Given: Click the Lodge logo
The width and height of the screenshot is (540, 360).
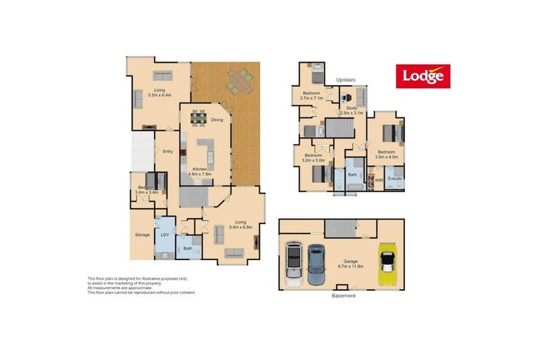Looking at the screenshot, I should [423, 75].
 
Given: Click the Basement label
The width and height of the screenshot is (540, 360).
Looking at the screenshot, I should [344, 295].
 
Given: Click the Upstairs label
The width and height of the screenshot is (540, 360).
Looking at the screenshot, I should [347, 79].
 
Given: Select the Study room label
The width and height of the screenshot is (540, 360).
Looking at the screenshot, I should [352, 110].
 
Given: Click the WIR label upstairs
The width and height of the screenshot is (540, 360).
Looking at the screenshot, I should [379, 180].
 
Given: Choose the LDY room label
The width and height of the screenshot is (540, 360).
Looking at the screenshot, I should [166, 235].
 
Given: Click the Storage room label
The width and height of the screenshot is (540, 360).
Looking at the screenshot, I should [142, 234].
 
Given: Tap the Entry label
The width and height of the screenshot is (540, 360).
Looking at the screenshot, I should [168, 152].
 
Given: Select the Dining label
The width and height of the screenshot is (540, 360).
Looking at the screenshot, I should [217, 120].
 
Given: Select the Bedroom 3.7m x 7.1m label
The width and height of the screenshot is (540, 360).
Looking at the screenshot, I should [311, 96].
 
